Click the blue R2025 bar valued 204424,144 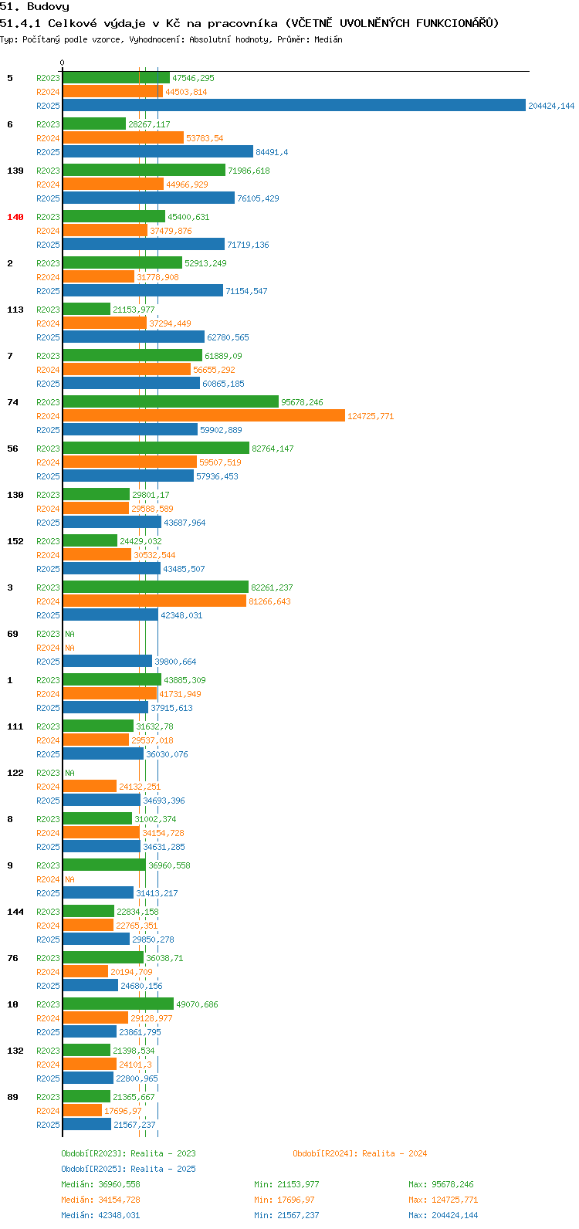click(x=294, y=105)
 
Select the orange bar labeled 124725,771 click(x=204, y=416)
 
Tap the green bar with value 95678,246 click(x=171, y=402)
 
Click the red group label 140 click(x=15, y=217)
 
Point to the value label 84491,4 click(x=272, y=152)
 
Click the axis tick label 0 click(x=62, y=63)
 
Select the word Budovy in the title click(x=49, y=7)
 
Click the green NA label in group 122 click(x=69, y=773)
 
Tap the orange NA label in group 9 click(x=69, y=879)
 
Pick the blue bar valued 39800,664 click(x=107, y=661)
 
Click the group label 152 click(x=15, y=541)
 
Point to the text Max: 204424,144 click(x=443, y=1215)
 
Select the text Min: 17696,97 click(x=284, y=1200)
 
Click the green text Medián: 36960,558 click(x=100, y=1184)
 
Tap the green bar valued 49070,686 click(x=118, y=1004)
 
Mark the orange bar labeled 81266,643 click(x=154, y=601)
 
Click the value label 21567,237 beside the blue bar click(x=134, y=1124)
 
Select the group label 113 click(x=15, y=310)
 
